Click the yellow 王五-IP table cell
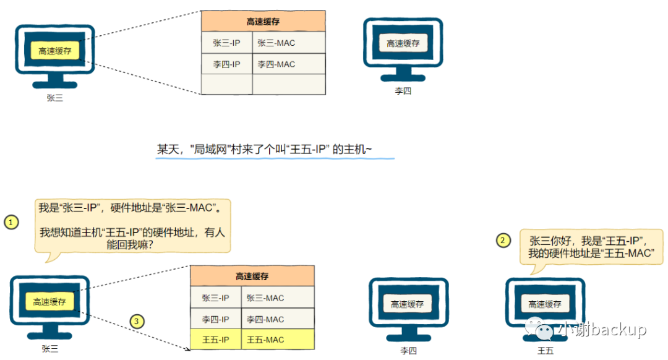tap(215, 340)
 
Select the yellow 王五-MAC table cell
tap(277, 340)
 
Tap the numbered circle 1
tap(11, 221)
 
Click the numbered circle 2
tap(504, 240)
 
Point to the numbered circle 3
tap(137, 321)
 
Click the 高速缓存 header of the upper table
tap(263, 22)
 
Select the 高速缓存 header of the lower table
tap(252, 276)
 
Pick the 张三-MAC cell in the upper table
tap(288, 43)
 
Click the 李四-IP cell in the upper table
tap(226, 64)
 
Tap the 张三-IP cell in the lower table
tap(215, 298)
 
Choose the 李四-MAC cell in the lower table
tap(277, 319)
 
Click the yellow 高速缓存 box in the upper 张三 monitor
tap(55, 51)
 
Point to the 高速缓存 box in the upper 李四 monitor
tap(403, 43)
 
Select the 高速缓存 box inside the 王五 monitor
tap(545, 304)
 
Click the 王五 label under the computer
tap(545, 351)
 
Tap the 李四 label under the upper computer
tap(403, 91)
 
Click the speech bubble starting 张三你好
tap(591, 247)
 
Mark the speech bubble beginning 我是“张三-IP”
tap(133, 225)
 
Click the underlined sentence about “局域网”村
tap(274, 149)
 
